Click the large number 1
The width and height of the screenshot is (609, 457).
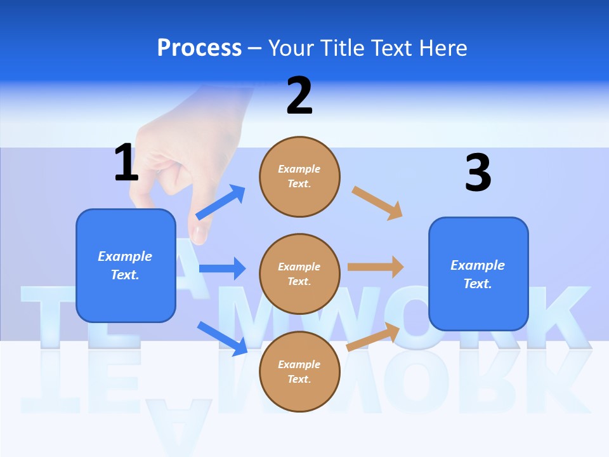click(x=126, y=162)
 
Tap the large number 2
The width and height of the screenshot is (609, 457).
click(x=299, y=96)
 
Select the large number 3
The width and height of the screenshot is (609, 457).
click(x=478, y=173)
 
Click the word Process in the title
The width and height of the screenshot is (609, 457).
click(x=199, y=48)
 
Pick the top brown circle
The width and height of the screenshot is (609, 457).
click(x=299, y=176)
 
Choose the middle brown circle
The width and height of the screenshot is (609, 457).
click(x=299, y=274)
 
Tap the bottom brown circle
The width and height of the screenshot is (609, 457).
click(x=299, y=371)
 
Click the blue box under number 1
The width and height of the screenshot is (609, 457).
click(x=126, y=265)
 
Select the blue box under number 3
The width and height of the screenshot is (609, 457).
click(x=478, y=274)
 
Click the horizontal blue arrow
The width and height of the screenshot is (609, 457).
click(x=222, y=268)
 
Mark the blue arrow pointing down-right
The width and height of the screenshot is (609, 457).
click(x=222, y=338)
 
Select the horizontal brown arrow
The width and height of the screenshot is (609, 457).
click(x=376, y=267)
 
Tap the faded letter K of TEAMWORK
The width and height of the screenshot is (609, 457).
click(x=558, y=317)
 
